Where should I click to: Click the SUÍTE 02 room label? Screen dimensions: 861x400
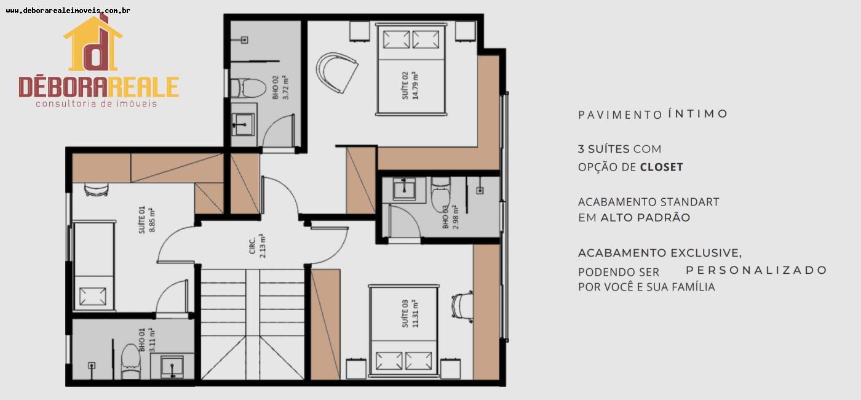pos(410,86)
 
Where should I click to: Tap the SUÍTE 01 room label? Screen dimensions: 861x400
pos(147,220)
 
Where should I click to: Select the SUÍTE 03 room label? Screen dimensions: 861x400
pos(410,314)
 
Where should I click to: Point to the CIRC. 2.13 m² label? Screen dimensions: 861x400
pos(257,246)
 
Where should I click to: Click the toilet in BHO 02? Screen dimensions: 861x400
pos(248,88)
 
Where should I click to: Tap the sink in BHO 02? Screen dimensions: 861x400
pos(242,124)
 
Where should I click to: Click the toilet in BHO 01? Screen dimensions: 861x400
pos(130,361)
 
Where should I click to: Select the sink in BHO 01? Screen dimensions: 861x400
pos(172,367)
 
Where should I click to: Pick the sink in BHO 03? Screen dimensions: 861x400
pos(404,190)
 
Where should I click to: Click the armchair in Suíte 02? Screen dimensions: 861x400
pos(337,73)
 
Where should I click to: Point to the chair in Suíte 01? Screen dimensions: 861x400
pos(97,190)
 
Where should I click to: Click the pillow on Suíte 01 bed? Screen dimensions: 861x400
pos(93,296)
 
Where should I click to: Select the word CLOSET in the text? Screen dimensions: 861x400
pos(662,167)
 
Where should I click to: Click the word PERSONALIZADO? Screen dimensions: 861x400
pos(756,270)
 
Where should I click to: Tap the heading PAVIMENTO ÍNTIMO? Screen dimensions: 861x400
pos(653,114)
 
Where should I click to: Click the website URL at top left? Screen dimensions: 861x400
pos(68,11)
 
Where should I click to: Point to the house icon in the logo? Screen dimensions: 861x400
pos(93,43)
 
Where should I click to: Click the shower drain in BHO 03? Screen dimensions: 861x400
pos(480,190)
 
